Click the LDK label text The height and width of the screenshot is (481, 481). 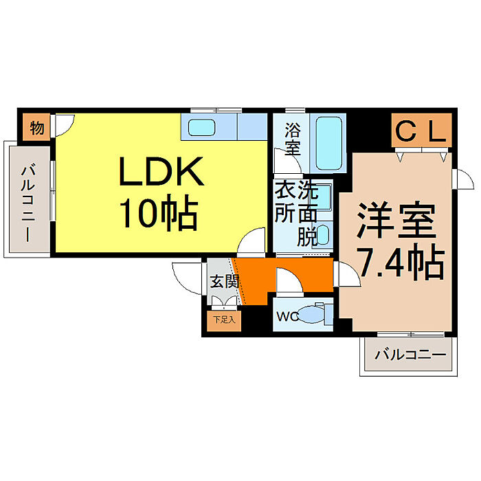[162, 172]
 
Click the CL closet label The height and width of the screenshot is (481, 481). [421, 131]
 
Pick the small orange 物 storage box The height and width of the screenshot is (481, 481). [37, 128]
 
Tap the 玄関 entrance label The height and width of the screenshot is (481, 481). [223, 281]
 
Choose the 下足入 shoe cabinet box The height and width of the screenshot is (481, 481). [223, 320]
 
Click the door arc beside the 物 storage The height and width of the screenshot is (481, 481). [64, 124]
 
